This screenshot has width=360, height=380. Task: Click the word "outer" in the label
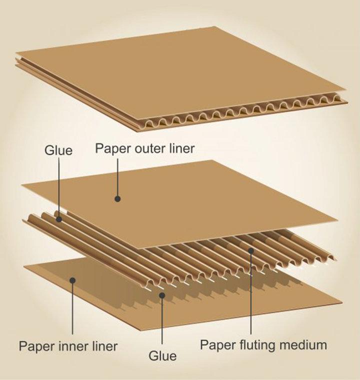(144, 149)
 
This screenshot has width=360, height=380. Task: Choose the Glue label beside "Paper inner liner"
(162, 356)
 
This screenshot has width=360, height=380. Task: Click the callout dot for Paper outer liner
(117, 198)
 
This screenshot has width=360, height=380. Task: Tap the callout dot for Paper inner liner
(72, 280)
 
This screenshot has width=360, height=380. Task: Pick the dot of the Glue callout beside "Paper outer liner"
(59, 218)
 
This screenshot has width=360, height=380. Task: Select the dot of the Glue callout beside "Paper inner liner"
(162, 295)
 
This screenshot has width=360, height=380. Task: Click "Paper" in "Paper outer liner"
(110, 149)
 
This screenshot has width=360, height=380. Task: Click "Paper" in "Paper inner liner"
(36, 345)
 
